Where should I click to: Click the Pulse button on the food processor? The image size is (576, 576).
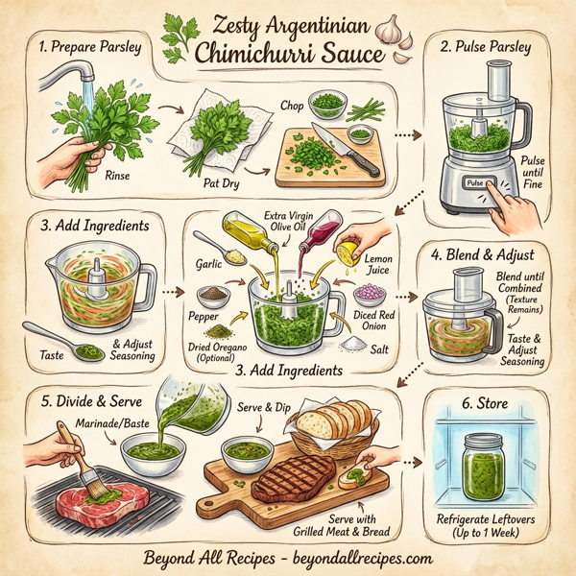click(477, 181)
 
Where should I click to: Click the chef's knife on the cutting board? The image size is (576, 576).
click(348, 153)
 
